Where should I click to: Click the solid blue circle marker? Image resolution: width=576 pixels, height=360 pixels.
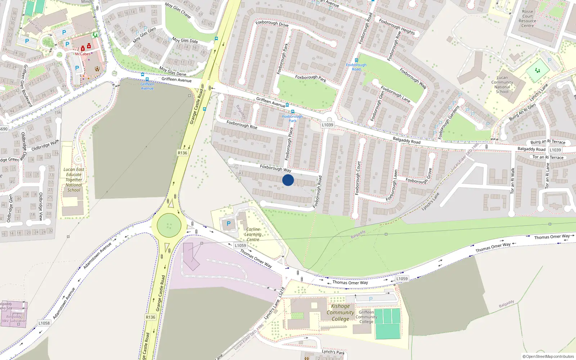(x=288, y=180)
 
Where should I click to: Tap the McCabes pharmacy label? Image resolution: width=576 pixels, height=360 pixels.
(x=83, y=54)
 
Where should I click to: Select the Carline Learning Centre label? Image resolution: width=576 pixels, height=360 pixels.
(x=253, y=234)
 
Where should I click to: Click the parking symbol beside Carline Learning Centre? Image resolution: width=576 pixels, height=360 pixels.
(x=228, y=224)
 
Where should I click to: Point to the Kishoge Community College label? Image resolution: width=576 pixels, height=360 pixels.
(x=340, y=312)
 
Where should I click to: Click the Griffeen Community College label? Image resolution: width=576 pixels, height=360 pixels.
(x=366, y=317)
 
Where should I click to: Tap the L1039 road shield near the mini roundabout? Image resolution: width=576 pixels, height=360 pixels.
(x=328, y=125)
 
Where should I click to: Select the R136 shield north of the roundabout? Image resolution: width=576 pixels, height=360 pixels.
(x=183, y=153)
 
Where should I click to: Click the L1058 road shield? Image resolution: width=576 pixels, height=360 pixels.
(x=44, y=323)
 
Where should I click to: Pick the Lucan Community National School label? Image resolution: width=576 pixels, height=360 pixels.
(x=502, y=85)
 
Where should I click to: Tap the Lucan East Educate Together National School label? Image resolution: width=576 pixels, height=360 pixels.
(x=74, y=180)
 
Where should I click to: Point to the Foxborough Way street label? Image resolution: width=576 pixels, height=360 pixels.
(x=275, y=168)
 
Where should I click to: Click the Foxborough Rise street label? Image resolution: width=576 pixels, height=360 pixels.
(x=242, y=125)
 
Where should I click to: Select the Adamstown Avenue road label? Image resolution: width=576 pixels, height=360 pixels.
(x=98, y=255)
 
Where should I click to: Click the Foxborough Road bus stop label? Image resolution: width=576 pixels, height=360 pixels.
(x=356, y=67)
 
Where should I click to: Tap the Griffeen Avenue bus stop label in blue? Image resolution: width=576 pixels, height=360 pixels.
(x=147, y=86)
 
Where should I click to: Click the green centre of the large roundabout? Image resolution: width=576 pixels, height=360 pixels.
(x=169, y=226)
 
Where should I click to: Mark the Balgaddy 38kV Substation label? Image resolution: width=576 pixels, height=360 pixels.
(x=14, y=319)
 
